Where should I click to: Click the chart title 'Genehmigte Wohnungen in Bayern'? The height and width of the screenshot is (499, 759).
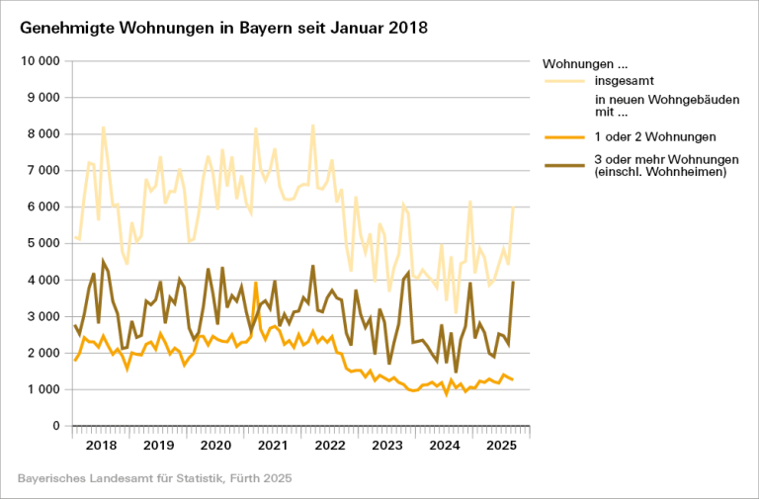[x=223, y=28]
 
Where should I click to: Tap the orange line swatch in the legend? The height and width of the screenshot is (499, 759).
[x=562, y=136]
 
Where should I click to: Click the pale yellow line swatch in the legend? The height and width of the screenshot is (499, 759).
[x=562, y=79]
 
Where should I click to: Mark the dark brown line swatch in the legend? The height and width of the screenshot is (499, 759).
[x=562, y=160]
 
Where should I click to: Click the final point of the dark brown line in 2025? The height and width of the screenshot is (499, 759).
[x=514, y=282]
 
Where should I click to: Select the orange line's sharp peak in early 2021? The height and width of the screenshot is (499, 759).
[x=256, y=283]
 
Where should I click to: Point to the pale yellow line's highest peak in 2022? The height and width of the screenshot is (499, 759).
[x=313, y=125]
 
